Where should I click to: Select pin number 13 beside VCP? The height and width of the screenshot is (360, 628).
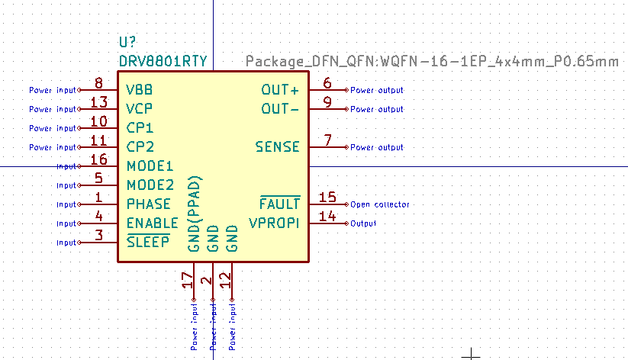(x=98, y=102)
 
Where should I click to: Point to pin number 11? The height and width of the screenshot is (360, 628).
(x=98, y=140)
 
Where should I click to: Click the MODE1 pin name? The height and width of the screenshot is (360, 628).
(x=150, y=166)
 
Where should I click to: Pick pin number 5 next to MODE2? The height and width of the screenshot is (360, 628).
(x=98, y=178)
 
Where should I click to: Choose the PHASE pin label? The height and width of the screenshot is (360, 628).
(x=149, y=204)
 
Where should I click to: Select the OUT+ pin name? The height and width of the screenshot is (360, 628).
(x=280, y=90)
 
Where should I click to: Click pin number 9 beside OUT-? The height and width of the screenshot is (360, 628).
(x=327, y=102)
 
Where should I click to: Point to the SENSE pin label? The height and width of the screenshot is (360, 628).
(x=278, y=146)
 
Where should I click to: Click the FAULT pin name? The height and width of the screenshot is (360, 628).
(x=279, y=204)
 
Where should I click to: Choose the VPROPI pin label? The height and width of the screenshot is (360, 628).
(x=275, y=223)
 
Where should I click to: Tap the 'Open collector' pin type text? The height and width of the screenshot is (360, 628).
(x=380, y=204)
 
